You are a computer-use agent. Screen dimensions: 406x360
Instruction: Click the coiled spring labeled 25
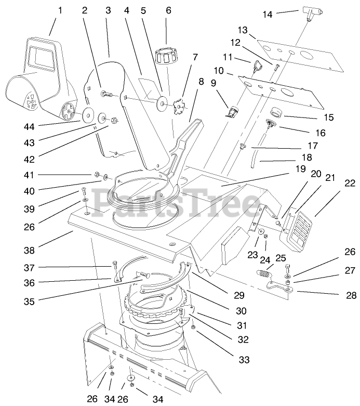pyautogui.click(x=264, y=271)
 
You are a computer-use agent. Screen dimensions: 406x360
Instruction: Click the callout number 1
pyautogui.click(x=60, y=10)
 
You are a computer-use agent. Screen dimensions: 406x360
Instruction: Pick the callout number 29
pyautogui.click(x=238, y=295)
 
